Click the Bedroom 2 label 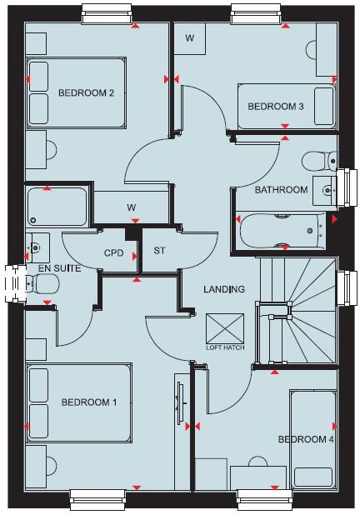(x=86, y=93)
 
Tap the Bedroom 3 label (x=275, y=107)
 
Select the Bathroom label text (x=281, y=190)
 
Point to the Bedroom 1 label (x=88, y=402)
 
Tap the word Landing (x=224, y=290)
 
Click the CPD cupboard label (x=113, y=252)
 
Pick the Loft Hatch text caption (x=225, y=347)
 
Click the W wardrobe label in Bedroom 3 (x=189, y=38)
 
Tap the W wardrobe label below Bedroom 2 (x=131, y=207)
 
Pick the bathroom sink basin (x=324, y=191)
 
